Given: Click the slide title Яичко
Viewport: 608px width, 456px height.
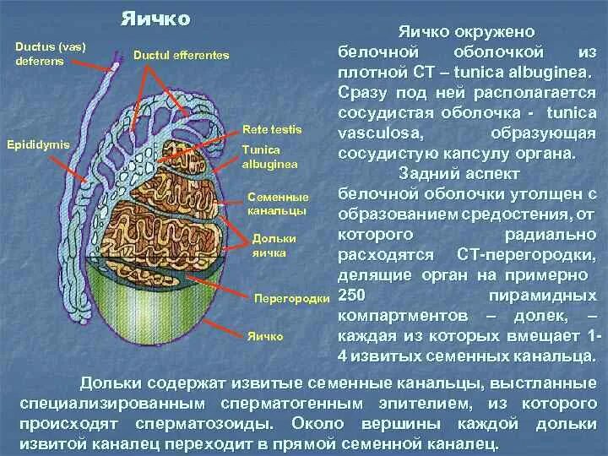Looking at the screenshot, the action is [155, 18].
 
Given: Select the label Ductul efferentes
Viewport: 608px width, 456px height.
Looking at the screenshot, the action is [181, 55].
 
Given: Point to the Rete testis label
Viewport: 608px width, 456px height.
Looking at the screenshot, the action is [266, 131].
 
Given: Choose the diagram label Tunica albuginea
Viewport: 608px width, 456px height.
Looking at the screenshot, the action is [267, 155].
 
